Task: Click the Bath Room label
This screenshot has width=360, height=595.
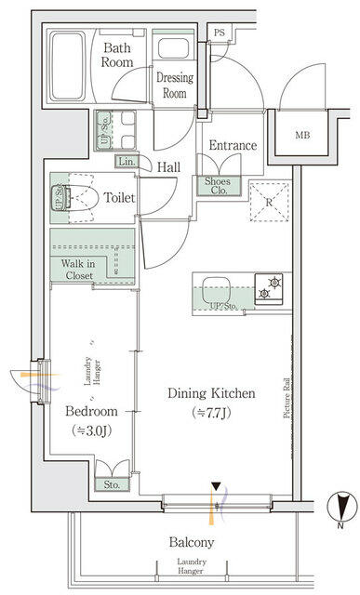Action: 118,55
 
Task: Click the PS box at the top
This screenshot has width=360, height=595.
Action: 220,33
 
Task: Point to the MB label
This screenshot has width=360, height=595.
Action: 303,136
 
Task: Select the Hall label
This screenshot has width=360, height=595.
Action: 168,167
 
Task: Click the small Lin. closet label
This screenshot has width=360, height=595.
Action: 127,162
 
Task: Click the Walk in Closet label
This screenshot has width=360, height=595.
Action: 77,270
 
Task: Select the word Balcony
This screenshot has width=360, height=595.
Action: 192,542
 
